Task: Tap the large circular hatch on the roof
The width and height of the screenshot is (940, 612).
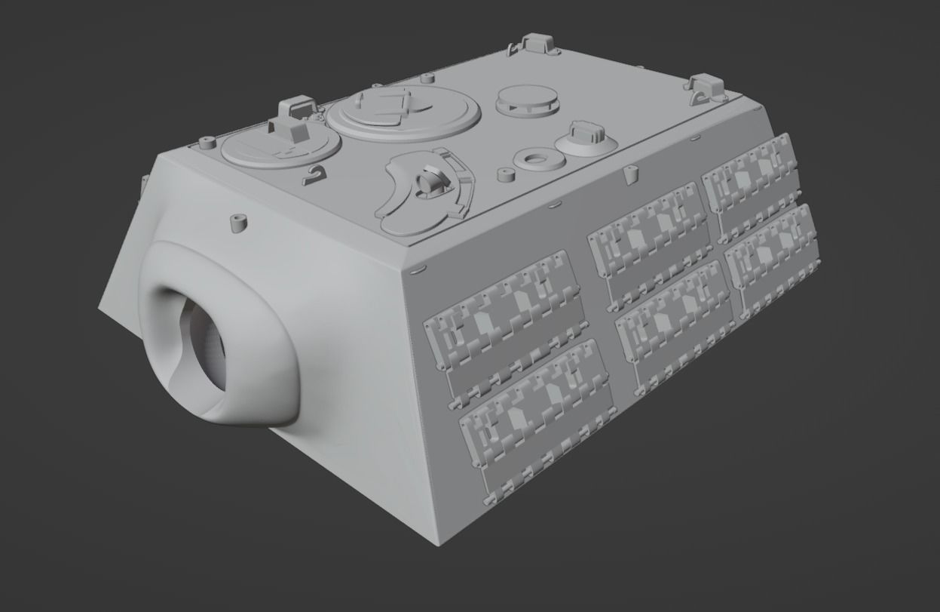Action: pyautogui.click(x=403, y=112)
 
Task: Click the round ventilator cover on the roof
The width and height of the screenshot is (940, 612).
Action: pyautogui.click(x=527, y=101)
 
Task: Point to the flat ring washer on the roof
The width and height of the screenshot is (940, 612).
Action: pyautogui.click(x=536, y=160)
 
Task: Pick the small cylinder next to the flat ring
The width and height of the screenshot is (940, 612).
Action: pyautogui.click(x=505, y=177)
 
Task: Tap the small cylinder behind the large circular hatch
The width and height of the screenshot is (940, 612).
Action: pyautogui.click(x=427, y=78)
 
